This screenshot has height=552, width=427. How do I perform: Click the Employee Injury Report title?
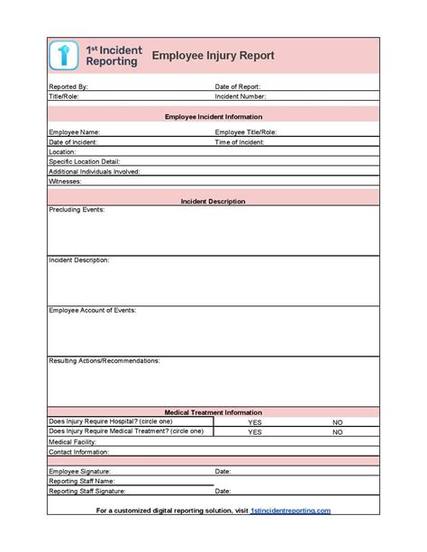(x=213, y=56)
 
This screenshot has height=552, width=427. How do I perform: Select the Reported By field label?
(x=68, y=86)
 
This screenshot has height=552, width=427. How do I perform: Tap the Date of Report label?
(x=239, y=86)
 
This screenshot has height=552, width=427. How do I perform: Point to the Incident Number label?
(x=241, y=95)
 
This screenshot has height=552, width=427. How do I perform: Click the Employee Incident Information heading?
(x=213, y=117)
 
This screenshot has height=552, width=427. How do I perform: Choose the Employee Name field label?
(x=74, y=132)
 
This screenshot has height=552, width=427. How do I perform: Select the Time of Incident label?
(x=240, y=142)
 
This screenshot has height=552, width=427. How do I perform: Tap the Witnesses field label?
(x=65, y=181)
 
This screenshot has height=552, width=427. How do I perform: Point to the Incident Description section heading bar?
(x=213, y=202)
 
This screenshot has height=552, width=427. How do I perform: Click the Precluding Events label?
(x=77, y=211)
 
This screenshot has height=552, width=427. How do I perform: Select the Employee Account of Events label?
(x=93, y=311)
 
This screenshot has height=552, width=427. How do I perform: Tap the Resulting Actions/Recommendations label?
(x=104, y=361)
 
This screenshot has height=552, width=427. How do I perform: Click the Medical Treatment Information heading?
(x=213, y=412)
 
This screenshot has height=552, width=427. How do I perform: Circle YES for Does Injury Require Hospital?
(x=255, y=422)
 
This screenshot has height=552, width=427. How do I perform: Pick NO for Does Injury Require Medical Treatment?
(x=338, y=432)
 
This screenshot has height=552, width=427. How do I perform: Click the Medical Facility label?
(x=73, y=442)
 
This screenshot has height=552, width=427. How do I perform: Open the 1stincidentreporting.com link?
(x=290, y=511)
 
